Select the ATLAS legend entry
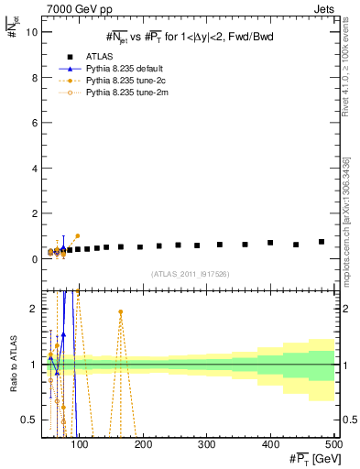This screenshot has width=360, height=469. (x=100, y=57)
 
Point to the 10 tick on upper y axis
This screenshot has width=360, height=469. (x=31, y=32)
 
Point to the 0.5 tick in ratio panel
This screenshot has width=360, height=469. (x=29, y=420)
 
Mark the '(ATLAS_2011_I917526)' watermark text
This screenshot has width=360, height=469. (x=190, y=274)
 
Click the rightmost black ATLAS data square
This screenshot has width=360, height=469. (x=322, y=242)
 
